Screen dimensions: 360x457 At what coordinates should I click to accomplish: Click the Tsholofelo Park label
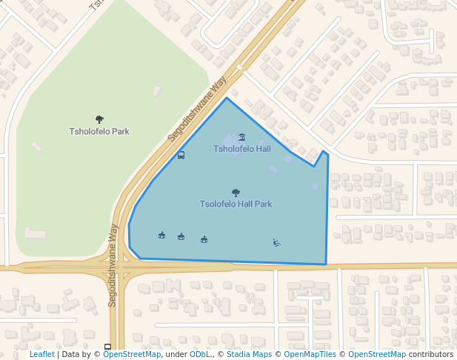tap(99, 132)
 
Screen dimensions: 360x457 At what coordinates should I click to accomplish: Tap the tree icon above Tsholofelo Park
tap(99, 119)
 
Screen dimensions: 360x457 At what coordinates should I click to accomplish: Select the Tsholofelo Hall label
tap(242, 149)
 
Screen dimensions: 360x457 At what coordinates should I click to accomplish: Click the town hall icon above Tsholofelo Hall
tap(242, 137)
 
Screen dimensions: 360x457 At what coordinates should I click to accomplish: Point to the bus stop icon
tap(181, 156)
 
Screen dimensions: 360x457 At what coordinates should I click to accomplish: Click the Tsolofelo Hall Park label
tap(236, 204)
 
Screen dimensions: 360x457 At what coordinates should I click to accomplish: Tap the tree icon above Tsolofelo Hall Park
tap(236, 193)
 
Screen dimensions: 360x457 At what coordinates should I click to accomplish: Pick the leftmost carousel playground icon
tap(161, 236)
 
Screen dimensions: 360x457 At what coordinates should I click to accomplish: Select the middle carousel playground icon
tap(181, 236)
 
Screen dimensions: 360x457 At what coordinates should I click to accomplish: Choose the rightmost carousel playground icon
tap(204, 239)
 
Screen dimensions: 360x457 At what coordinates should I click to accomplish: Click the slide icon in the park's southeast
tap(276, 242)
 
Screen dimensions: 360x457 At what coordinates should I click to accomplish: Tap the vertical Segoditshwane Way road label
tap(113, 265)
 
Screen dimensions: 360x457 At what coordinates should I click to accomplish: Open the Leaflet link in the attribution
tap(41, 355)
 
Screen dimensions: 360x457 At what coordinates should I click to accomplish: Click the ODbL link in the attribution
tap(200, 355)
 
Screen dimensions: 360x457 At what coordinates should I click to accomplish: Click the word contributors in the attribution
tap(431, 355)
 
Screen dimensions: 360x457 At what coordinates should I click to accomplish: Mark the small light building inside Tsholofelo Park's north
tap(157, 91)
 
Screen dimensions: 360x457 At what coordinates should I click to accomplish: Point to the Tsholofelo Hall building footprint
tap(230, 140)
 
